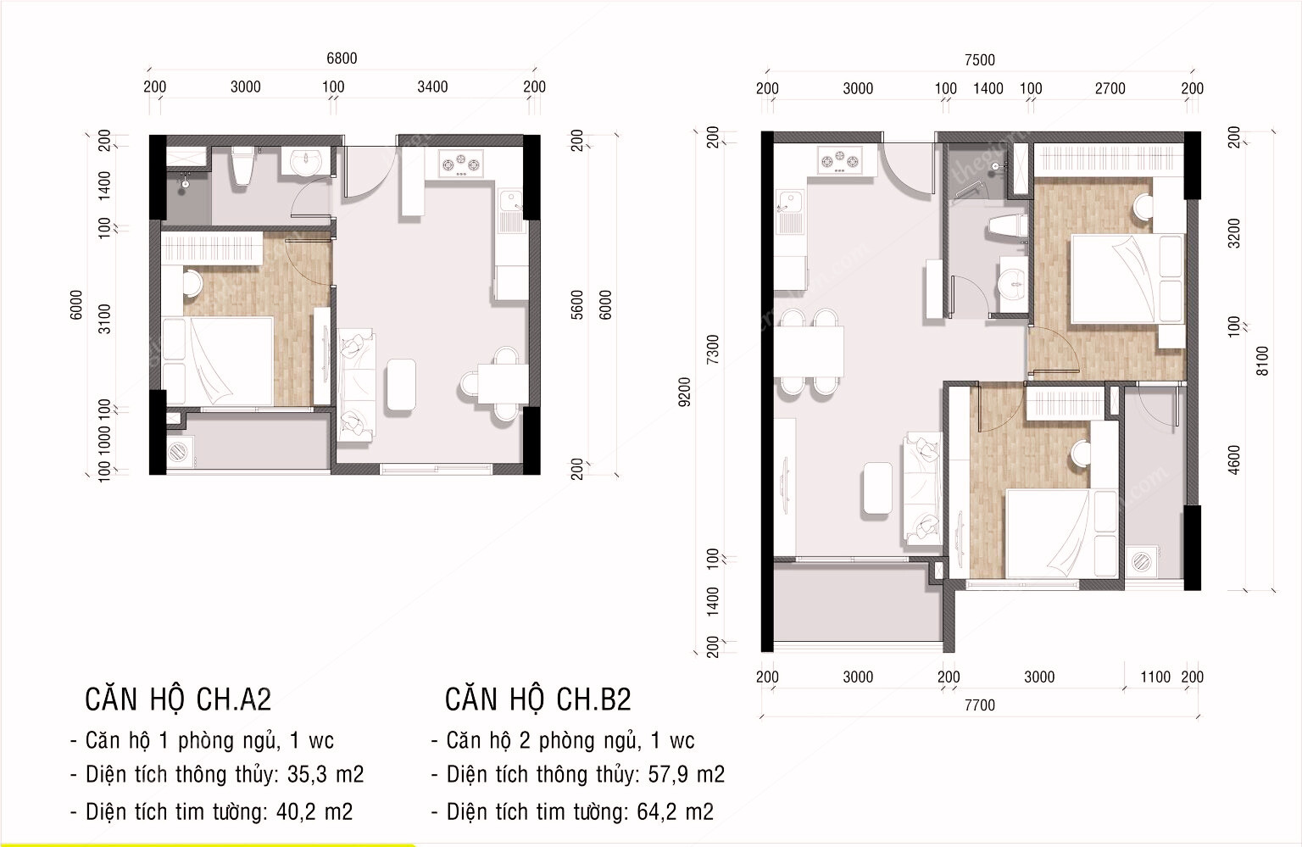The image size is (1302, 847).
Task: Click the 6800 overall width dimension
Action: [x=342, y=59]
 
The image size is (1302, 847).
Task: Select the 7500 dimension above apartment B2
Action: [x=979, y=60]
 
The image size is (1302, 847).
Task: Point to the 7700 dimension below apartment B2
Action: [x=979, y=705]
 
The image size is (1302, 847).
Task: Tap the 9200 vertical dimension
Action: [x=685, y=392]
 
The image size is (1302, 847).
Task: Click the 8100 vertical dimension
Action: [x=1263, y=360]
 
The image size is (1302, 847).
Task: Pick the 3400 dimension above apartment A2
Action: [x=432, y=86]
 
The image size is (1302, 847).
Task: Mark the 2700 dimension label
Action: [x=1110, y=88]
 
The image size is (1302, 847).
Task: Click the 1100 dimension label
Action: [x=1155, y=677]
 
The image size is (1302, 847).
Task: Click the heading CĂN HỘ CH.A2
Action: [x=178, y=699]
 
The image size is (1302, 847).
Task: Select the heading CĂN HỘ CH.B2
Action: [x=538, y=699]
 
